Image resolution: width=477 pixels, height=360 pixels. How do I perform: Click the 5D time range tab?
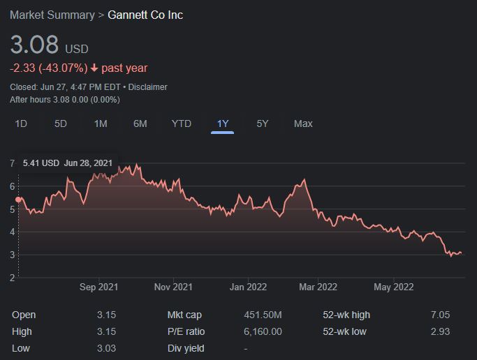coord(61,124)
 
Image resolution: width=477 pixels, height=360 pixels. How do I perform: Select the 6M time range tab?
coord(140,124)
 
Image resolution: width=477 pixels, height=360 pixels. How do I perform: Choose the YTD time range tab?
coord(182,124)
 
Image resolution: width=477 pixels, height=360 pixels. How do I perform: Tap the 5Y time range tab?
coord(262,124)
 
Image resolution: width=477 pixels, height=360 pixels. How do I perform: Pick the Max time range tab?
coord(303,124)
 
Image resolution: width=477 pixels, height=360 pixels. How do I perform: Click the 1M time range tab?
coord(101,124)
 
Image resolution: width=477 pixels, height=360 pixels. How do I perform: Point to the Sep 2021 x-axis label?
coord(98,287)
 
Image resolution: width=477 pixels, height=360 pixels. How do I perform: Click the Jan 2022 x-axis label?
coord(248,287)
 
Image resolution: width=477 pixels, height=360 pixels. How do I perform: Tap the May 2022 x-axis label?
coord(394,287)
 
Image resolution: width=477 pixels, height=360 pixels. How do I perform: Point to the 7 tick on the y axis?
coord(12,163)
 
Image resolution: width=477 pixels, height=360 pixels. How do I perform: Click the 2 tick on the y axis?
coord(12,278)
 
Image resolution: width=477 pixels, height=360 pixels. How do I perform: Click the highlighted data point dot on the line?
coord(18,200)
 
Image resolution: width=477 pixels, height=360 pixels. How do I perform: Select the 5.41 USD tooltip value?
coord(41,163)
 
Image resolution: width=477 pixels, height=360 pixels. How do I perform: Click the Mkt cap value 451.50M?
coord(263,315)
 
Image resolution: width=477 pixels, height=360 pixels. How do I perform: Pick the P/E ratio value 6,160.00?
coord(263,331)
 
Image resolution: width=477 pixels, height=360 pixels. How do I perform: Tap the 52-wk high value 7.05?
coord(440,315)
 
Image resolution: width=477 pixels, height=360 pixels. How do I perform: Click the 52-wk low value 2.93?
coord(440,331)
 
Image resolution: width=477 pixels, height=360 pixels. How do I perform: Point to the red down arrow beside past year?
coord(94,68)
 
